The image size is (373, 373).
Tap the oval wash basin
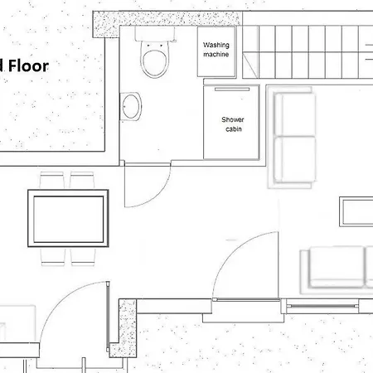pyautogui.click(x=131, y=105)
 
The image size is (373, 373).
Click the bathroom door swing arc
pyautogui.click(x=141, y=186)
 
